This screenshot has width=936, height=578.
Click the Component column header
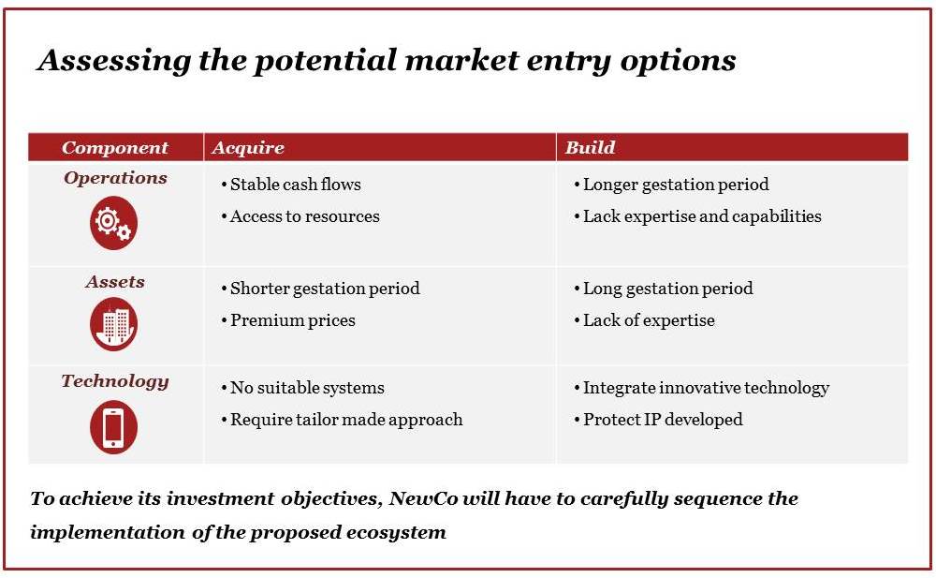coord(115,148)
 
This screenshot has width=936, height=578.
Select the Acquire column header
coord(248,148)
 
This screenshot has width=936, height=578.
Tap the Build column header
coord(590,148)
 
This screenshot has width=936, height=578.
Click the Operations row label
coord(115,178)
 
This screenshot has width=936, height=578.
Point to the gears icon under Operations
coord(113,223)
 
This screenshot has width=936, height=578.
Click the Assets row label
coord(115,282)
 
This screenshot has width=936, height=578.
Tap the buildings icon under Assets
coord(113,324)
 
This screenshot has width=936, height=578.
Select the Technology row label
coord(115,381)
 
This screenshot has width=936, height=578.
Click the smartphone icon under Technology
coord(113,427)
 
